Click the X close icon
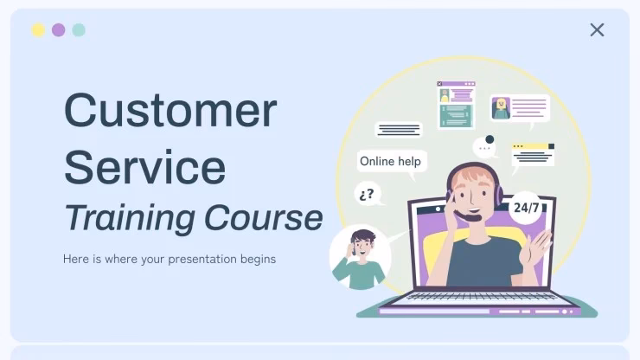pyautogui.click(x=597, y=29)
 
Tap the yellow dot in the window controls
pyautogui.click(x=38, y=30)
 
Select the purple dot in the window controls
pyautogui.click(x=58, y=30)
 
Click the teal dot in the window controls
pyautogui.click(x=79, y=30)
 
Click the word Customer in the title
pyautogui.click(x=170, y=111)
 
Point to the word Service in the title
pyautogui.click(x=144, y=166)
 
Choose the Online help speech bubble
pyautogui.click(x=390, y=161)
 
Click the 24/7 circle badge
pyautogui.click(x=527, y=208)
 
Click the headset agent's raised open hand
pyautogui.click(x=539, y=247)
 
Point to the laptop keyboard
pyautogui.click(x=479, y=297)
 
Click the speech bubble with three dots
pyautogui.click(x=487, y=150)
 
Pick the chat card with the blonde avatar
pyautogui.click(x=519, y=108)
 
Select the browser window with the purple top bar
pyautogui.click(x=456, y=105)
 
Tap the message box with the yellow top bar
pyautogui.click(x=532, y=154)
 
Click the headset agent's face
pyautogui.click(x=472, y=193)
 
